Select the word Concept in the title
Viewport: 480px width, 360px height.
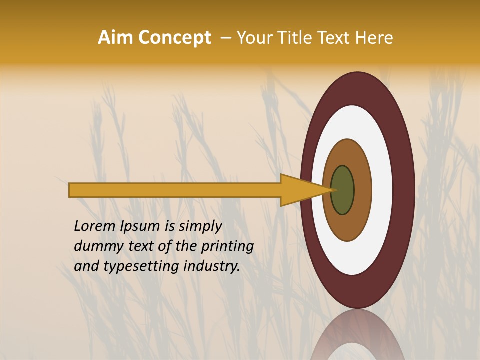[x=174, y=38]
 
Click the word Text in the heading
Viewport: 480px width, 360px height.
[x=336, y=38]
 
